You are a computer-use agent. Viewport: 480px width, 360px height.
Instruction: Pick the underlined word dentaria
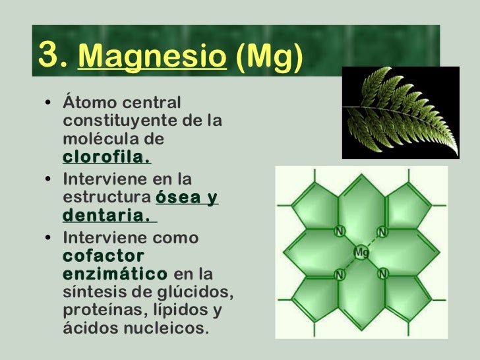106,216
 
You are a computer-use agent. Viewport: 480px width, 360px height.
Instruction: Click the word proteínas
104,309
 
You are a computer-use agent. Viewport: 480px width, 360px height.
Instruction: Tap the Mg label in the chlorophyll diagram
361,252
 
